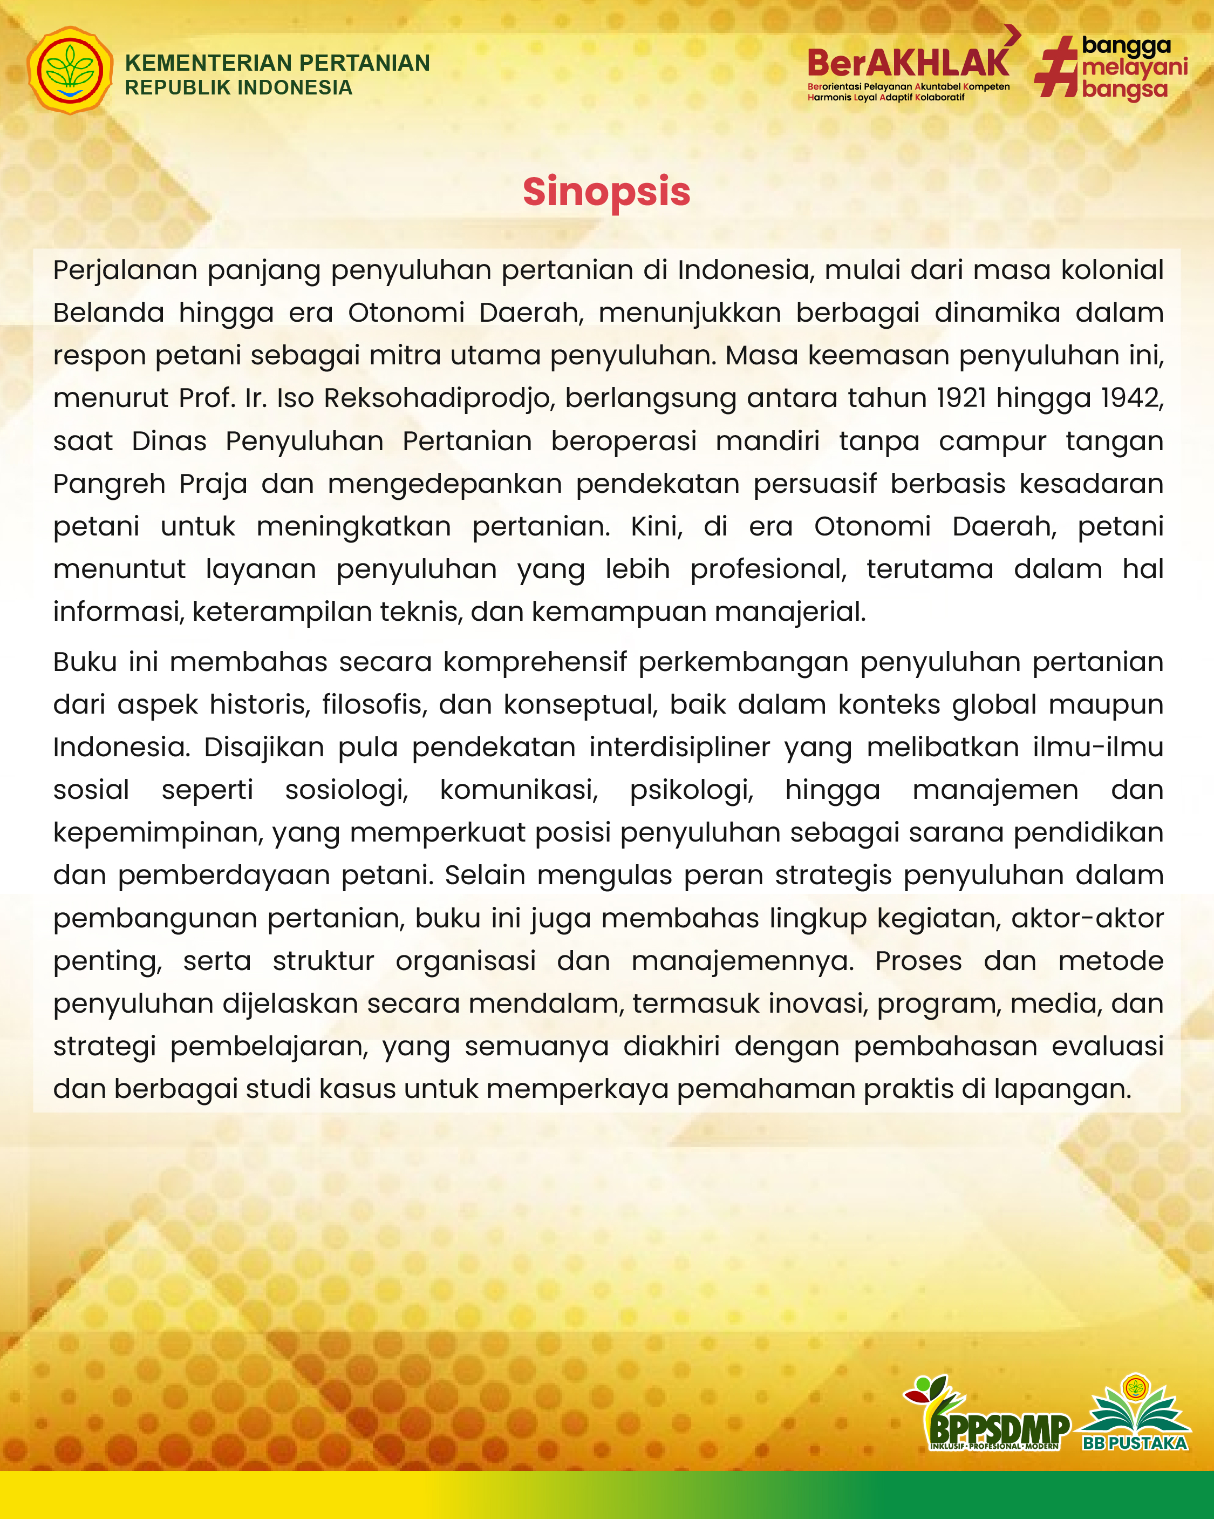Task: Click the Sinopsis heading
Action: pyautogui.click(x=606, y=192)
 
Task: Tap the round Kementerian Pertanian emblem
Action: pyautogui.click(x=70, y=71)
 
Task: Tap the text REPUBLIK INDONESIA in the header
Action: pyautogui.click(x=238, y=88)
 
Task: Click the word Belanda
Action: pyautogui.click(x=108, y=313)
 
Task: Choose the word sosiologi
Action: pyautogui.click(x=346, y=790)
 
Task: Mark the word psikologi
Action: pyautogui.click(x=692, y=790)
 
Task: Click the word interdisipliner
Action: pyautogui.click(x=679, y=748)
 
